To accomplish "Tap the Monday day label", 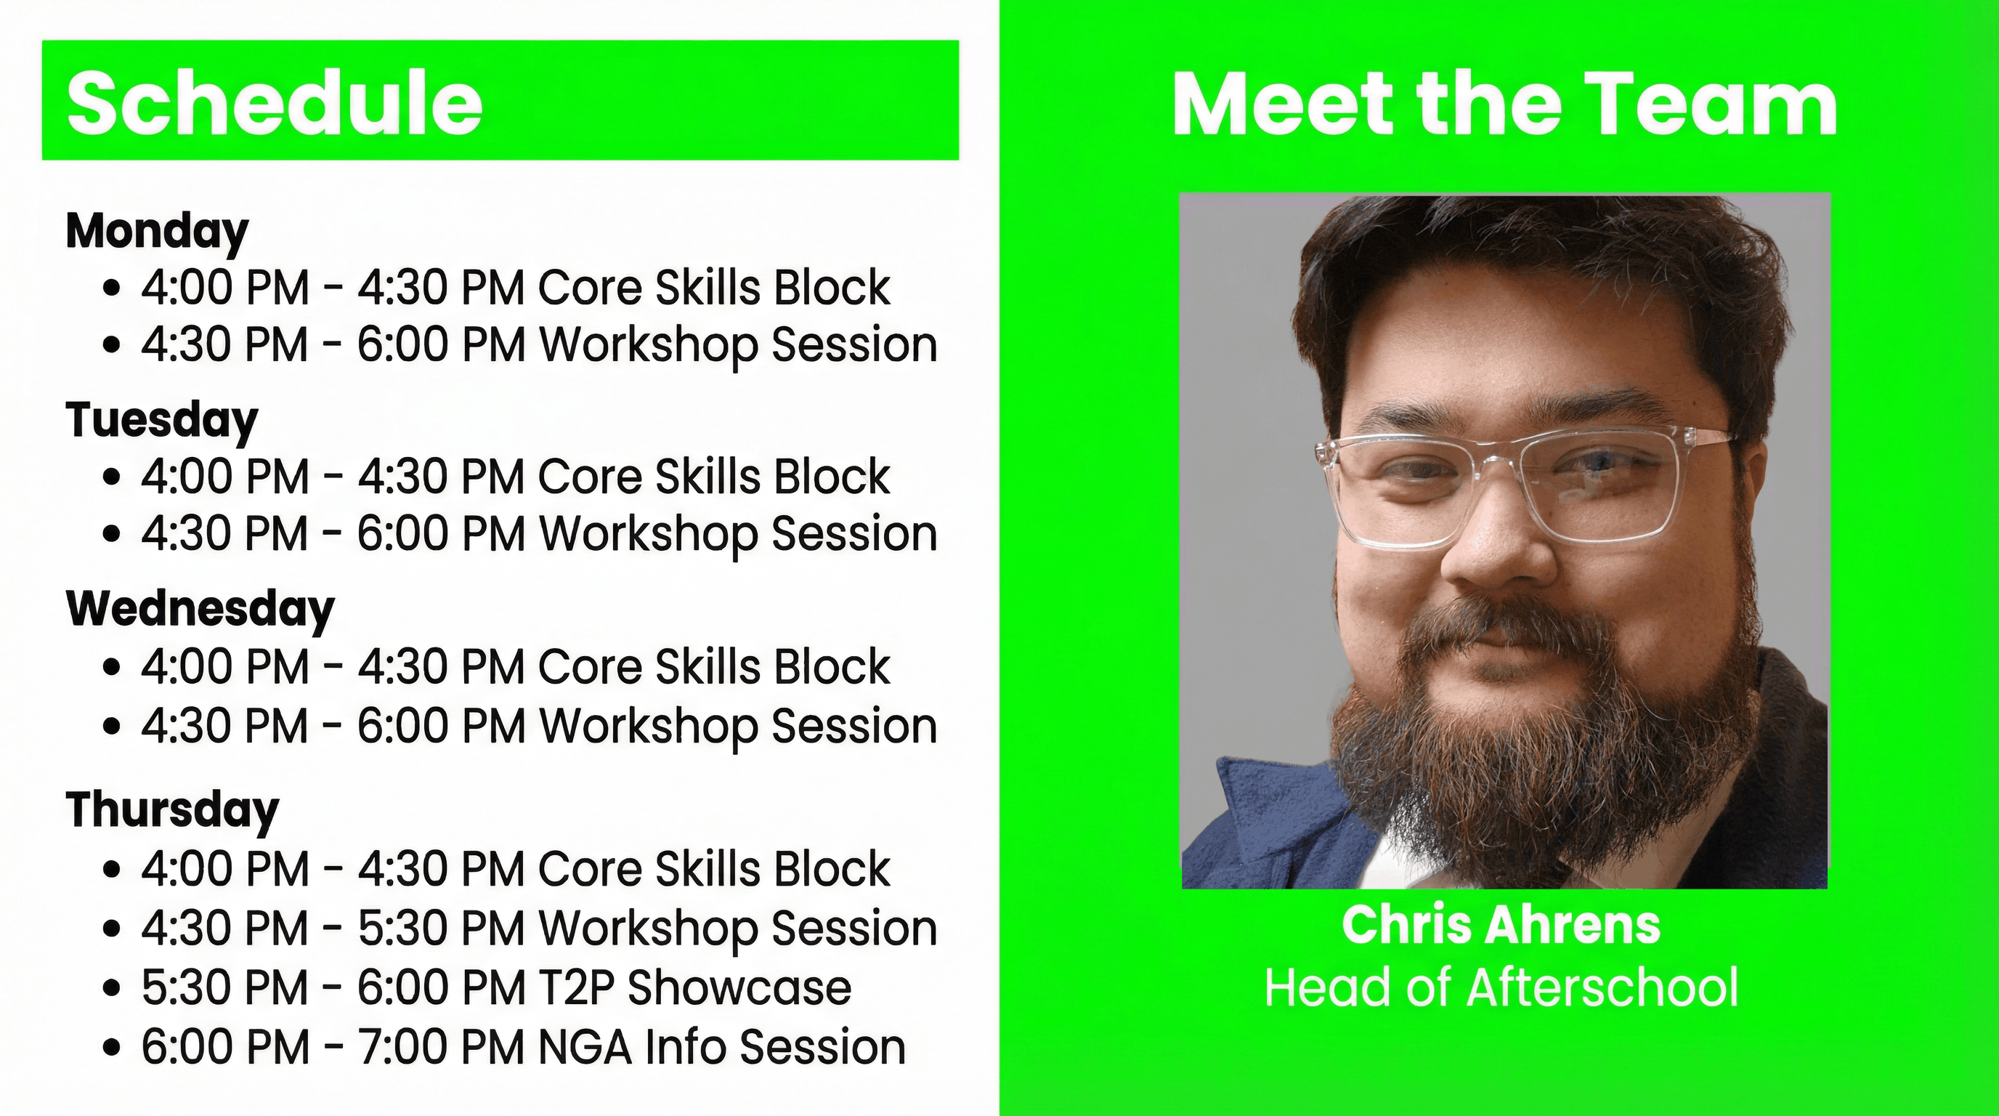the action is pos(157,231).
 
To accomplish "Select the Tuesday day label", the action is pos(161,421).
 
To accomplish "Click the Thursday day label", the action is pos(172,810).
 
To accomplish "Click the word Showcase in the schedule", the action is pos(739,987).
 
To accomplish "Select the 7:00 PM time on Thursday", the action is pos(441,1047).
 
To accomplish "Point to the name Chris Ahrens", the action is pos(1501,925).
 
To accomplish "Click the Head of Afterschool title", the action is pos(1501,988).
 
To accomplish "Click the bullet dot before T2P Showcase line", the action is pos(113,989).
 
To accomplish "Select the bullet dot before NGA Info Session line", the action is pos(113,1048).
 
